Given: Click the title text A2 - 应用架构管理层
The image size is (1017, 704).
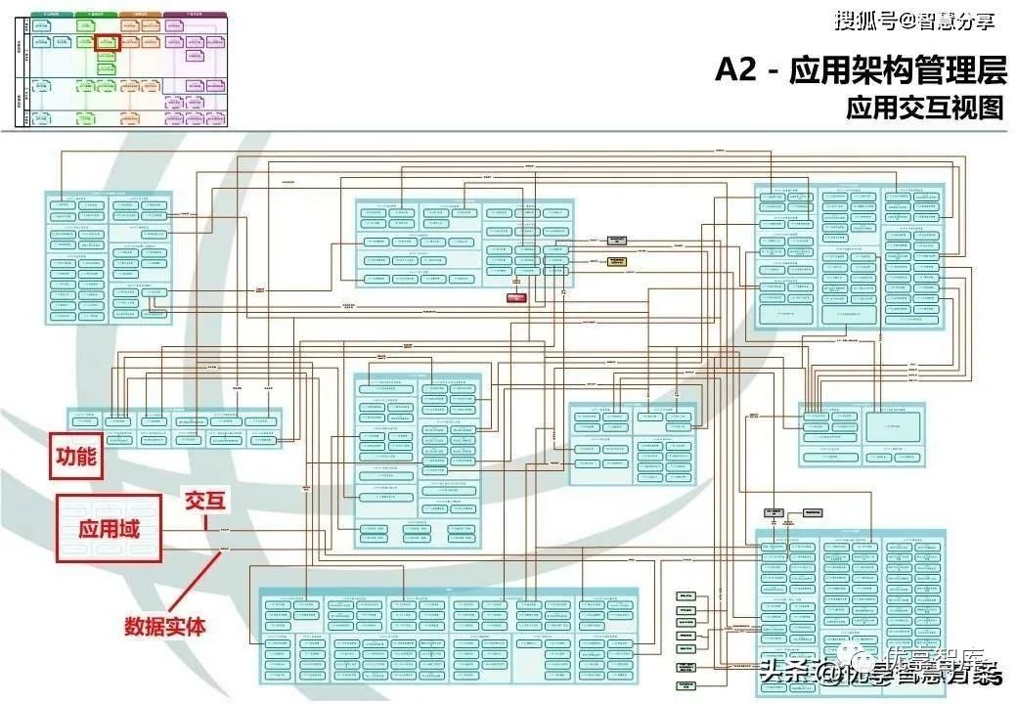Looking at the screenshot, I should (860, 71).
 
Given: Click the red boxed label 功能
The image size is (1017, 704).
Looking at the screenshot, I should (75, 457).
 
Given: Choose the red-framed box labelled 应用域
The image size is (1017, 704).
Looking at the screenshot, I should (109, 528).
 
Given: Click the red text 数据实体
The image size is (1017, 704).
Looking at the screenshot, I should (165, 626).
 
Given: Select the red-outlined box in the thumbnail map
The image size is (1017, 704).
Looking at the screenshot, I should (108, 44).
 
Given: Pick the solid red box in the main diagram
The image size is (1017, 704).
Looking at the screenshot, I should (516, 295).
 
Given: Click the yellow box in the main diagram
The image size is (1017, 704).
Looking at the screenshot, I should (616, 260).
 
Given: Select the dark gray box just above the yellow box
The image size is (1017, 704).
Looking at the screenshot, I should (616, 240).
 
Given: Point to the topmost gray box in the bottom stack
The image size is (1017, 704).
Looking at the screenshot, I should (685, 595).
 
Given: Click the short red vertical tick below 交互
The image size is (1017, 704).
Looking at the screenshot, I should (205, 522).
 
